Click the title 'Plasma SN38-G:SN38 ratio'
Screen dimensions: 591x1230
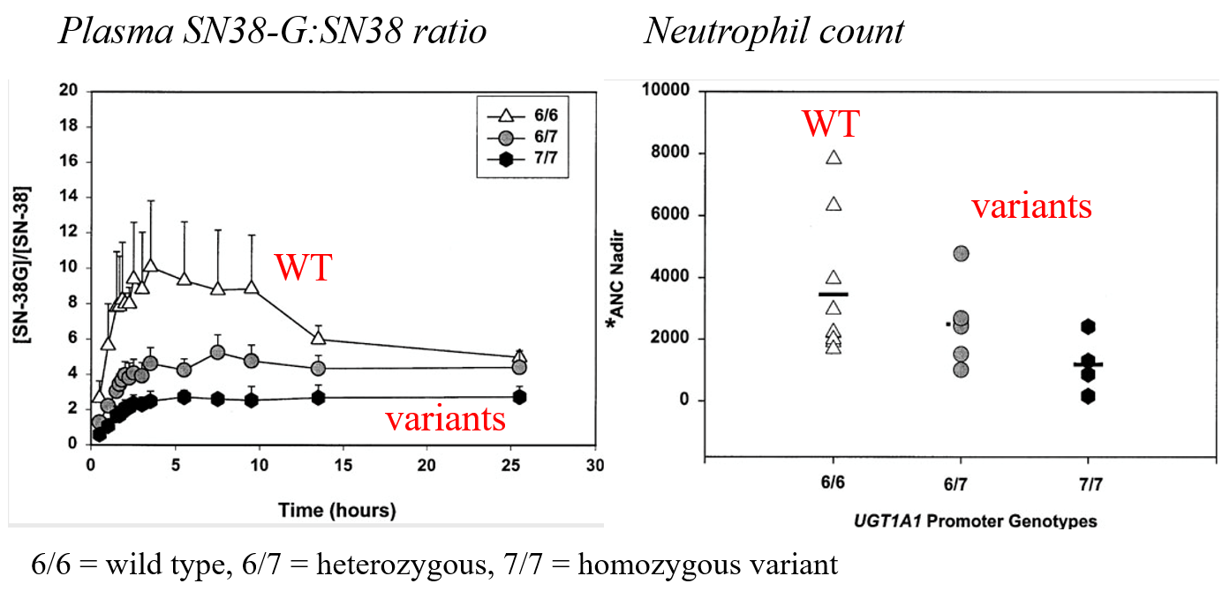click(x=272, y=32)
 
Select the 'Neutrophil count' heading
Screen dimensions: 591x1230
click(x=773, y=32)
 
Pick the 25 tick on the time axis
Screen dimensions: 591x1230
click(x=512, y=465)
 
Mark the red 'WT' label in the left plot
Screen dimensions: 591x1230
click(x=302, y=268)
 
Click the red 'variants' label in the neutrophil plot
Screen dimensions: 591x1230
click(x=1031, y=206)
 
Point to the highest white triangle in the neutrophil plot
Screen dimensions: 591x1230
click(x=834, y=157)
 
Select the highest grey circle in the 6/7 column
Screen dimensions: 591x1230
click(x=961, y=254)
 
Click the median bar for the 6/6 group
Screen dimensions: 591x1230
click(x=834, y=294)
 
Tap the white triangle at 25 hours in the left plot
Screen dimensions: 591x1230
click(x=520, y=356)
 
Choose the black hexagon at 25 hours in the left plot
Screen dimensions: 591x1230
click(x=520, y=397)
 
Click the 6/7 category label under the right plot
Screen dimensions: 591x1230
click(x=961, y=486)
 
